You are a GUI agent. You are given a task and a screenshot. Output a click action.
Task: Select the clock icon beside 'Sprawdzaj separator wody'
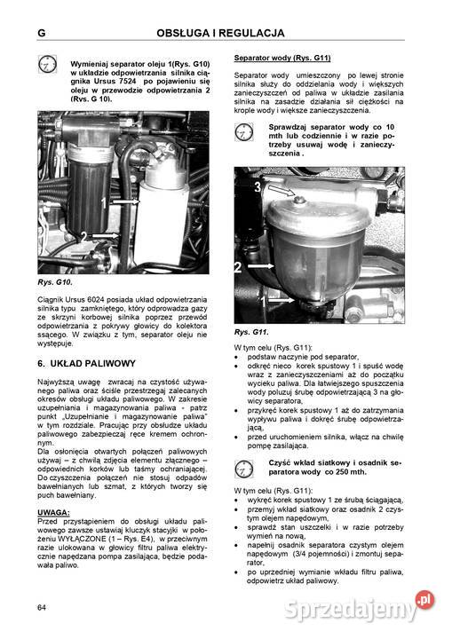point(243,132)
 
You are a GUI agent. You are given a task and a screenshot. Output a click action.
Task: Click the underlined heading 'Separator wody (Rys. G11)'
point(282,58)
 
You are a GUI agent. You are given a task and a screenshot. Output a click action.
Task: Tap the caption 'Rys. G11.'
point(252,331)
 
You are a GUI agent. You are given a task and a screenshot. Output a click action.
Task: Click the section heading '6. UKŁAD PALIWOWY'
point(87,364)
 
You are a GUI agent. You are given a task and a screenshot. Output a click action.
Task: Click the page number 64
point(42,607)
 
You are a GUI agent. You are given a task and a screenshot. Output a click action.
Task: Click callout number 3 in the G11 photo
point(258,187)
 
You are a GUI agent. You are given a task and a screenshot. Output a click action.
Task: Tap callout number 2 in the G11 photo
point(239,266)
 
